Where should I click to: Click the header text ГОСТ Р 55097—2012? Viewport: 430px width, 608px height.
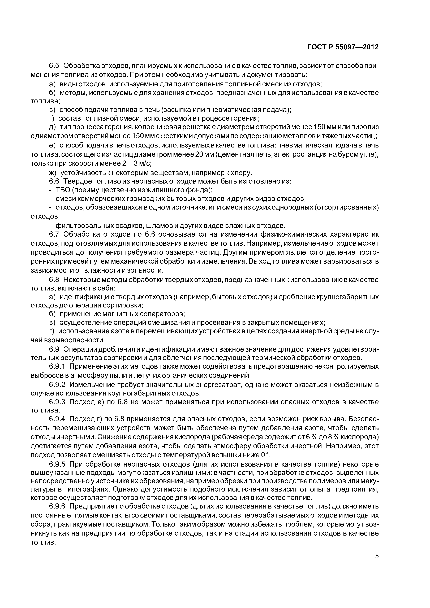pos(343,47)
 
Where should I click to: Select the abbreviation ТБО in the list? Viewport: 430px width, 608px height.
pos(63,190)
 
